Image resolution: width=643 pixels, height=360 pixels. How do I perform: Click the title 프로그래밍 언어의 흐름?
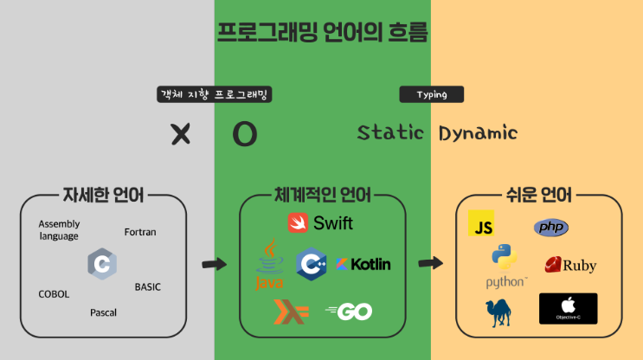pos(322,33)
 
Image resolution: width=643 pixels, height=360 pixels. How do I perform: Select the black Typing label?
pos(431,94)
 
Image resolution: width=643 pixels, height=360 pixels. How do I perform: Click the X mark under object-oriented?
pos(180,133)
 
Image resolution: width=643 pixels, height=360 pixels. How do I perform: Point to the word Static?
pos(390,133)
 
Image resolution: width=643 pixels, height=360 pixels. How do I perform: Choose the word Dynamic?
pos(478,133)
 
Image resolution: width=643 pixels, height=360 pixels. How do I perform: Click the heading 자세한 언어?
pos(103,194)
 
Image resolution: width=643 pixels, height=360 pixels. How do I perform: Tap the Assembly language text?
pos(59,230)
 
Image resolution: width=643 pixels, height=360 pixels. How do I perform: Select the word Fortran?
pos(140,232)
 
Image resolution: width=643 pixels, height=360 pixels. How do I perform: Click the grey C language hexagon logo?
pos(102,263)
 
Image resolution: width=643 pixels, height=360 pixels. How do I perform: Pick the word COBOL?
pos(54,294)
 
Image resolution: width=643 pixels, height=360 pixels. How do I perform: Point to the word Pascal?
pos(103,312)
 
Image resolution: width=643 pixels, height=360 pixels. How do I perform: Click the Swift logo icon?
pos(299,222)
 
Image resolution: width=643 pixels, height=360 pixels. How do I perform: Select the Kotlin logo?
pos(363,264)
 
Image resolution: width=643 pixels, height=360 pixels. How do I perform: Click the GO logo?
pos(349,311)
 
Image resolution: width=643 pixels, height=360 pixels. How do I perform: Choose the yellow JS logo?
pos(481,223)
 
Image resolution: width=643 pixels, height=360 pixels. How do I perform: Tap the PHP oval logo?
pos(551,228)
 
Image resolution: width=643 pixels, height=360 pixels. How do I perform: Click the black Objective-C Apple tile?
pos(568,309)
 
